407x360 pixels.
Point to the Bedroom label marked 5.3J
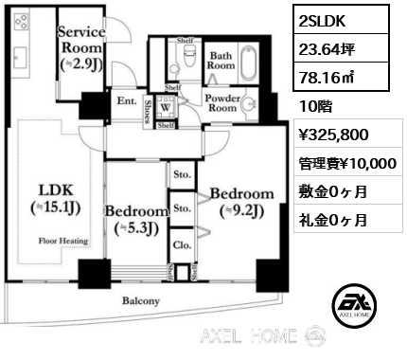tap(135, 219)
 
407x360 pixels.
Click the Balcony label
tap(140, 301)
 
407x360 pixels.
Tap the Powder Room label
tap(221, 102)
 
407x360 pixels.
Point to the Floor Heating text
tap(63, 242)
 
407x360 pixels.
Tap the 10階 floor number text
tap(312, 103)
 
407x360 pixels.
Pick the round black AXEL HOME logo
tap(352, 306)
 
